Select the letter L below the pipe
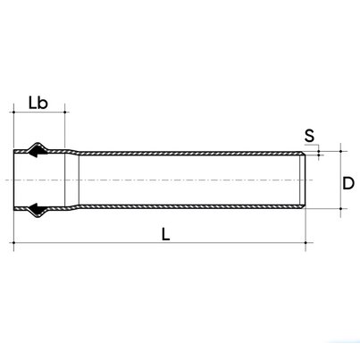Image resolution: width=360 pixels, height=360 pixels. [x=166, y=233]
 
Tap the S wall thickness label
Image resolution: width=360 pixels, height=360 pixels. [x=308, y=137]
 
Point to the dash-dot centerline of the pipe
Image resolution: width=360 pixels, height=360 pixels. [x=179, y=181]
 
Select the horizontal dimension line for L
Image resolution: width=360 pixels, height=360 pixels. [x=223, y=241]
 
